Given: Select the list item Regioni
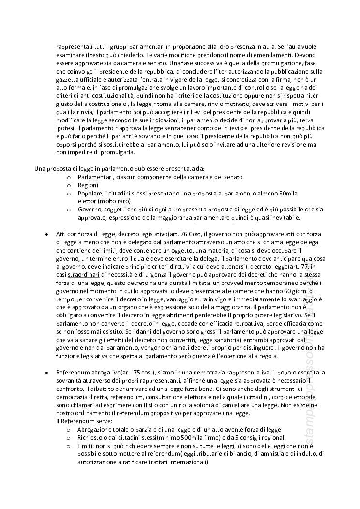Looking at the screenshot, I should (x=88, y=185).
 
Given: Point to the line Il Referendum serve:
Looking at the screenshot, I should (x=84, y=421).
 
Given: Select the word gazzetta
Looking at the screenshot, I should (x=69, y=79).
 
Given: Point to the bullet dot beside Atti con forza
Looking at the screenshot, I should (x=46, y=234).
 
